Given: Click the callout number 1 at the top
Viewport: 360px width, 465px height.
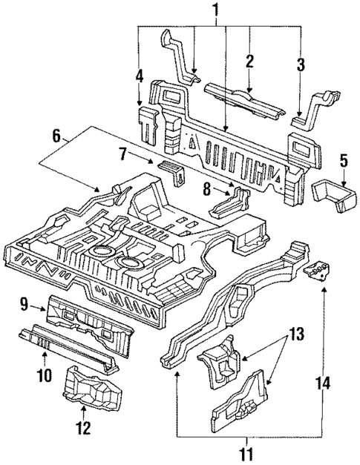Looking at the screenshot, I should coord(216,11).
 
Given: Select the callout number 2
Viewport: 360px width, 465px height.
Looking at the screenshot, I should coord(249,61).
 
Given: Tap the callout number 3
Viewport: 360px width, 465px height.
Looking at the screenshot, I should coord(301,64).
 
